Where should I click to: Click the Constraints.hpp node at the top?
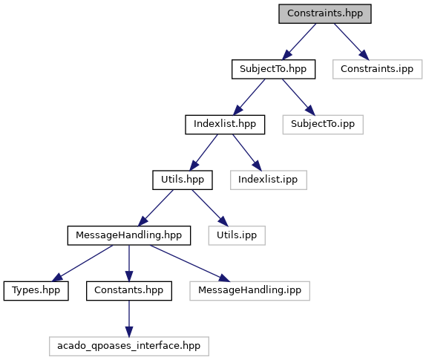(325, 13)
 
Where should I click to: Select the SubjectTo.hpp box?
(273, 69)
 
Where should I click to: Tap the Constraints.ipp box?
(377, 69)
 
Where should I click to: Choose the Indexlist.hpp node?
(225, 125)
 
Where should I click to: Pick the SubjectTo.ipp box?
(323, 125)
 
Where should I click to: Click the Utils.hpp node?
(183, 180)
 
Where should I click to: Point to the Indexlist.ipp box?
(269, 180)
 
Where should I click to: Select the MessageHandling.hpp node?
(129, 235)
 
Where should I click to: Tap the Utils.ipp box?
(237, 235)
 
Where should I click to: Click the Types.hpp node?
(36, 291)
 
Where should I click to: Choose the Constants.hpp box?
(129, 291)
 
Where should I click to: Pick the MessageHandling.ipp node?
(249, 291)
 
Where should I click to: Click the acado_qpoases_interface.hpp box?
(129, 347)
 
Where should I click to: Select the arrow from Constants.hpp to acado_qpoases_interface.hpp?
(129, 318)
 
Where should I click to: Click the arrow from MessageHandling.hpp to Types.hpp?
(82, 263)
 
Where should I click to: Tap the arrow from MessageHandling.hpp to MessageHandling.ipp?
(190, 264)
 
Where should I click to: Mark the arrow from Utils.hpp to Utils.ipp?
(210, 208)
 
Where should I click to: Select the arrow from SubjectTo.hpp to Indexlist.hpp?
(249, 97)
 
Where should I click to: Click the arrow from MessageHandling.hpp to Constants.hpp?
(129, 264)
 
